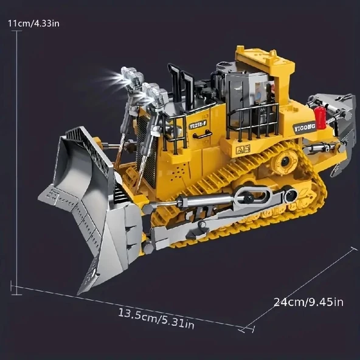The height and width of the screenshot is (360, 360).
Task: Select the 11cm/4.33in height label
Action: click(33, 24)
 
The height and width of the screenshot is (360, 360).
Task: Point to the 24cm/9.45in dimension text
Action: click(308, 302)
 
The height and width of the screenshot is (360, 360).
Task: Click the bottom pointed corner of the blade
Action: click(81, 292)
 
